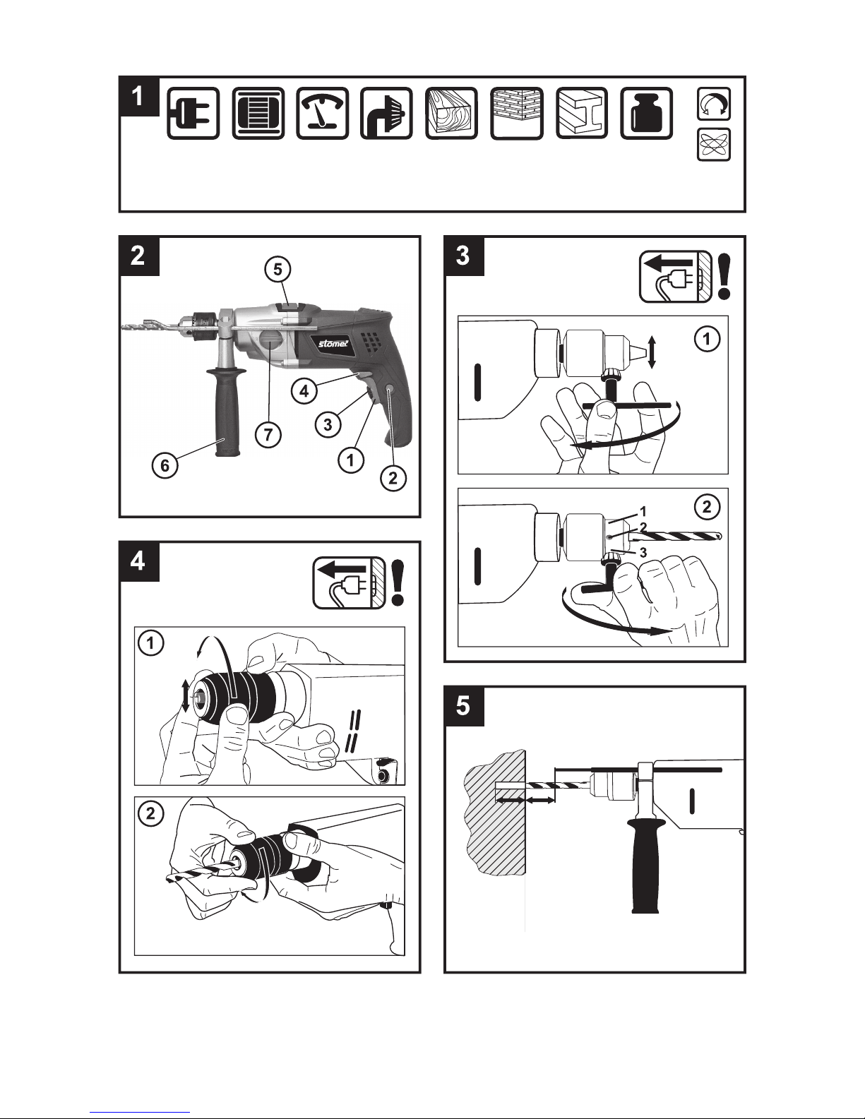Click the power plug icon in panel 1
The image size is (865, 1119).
point(193,113)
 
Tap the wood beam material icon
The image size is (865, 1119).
point(451,113)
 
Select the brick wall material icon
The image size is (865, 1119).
point(516,113)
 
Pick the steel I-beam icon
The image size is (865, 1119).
point(582,113)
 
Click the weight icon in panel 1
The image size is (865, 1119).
point(647,113)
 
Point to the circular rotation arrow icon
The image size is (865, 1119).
point(714,104)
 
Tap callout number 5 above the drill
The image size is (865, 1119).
point(278,269)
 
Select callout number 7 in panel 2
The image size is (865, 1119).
point(268,435)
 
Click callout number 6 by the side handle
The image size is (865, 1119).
point(165,465)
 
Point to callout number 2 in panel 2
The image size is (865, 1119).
point(393,479)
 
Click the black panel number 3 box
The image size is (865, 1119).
point(464,256)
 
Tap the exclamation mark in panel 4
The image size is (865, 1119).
point(398,582)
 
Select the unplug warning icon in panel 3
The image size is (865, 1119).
point(676,277)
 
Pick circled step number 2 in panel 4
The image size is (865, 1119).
point(150,813)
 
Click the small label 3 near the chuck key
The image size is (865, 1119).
point(643,553)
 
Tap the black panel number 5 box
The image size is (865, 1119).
point(464,706)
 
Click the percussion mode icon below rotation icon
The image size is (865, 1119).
point(714,144)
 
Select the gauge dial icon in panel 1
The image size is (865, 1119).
point(322,113)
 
